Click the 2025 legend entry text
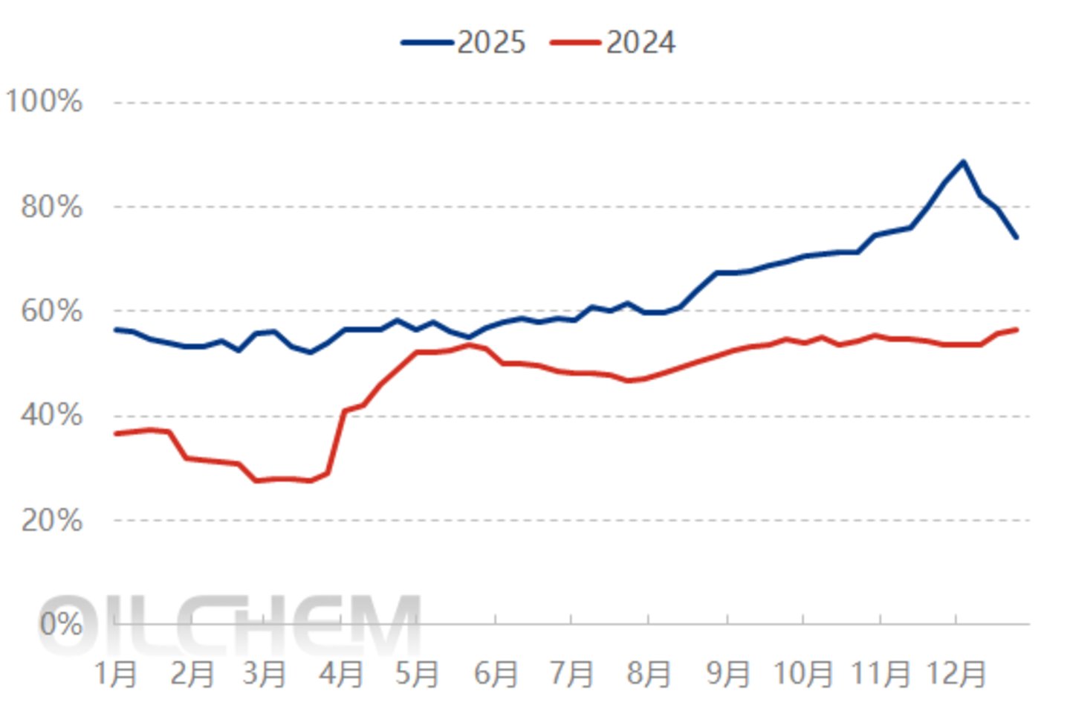click(492, 42)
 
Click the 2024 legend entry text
click(641, 42)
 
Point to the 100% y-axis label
click(43, 101)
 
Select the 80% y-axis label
click(51, 207)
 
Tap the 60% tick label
click(51, 311)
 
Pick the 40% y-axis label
click(51, 415)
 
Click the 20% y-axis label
click(51, 520)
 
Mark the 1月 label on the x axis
click(116, 674)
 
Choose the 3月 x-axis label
click(265, 674)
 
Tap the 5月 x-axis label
click(417, 674)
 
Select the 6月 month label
click(496, 674)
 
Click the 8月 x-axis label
click(648, 674)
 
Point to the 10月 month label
click(803, 674)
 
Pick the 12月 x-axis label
click(956, 674)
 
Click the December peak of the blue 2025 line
click(963, 161)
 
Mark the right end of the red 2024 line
click(1016, 329)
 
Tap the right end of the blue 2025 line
click(1016, 237)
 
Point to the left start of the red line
click(116, 434)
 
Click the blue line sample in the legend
click(427, 42)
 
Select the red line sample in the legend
click(576, 42)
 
